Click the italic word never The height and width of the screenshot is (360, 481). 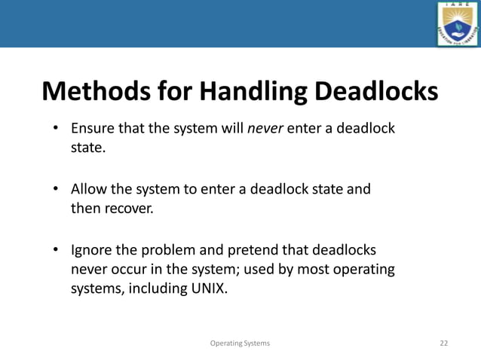coord(265,127)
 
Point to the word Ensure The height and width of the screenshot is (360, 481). coord(92,127)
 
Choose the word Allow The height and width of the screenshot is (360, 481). coord(88,188)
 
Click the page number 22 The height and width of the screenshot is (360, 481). coord(443,343)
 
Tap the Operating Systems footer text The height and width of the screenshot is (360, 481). coord(240,343)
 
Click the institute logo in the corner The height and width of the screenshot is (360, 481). coord(457,24)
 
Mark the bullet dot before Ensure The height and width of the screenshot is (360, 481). coord(56,127)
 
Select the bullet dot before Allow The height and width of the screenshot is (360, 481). coord(56,188)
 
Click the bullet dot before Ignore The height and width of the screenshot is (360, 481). coord(56,249)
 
